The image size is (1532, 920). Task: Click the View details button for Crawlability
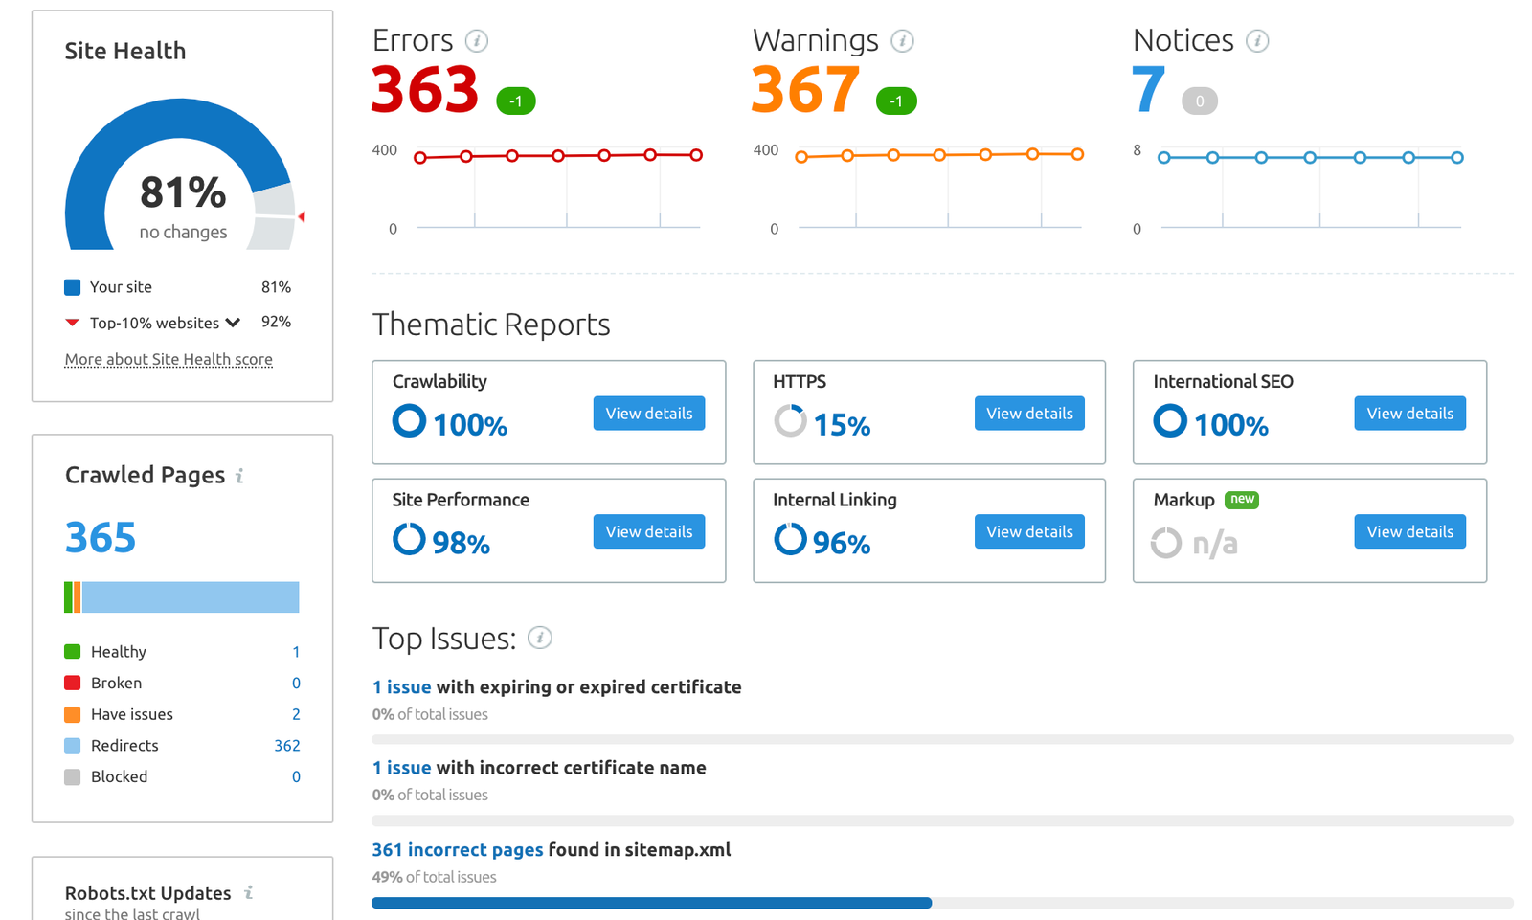tap(648, 414)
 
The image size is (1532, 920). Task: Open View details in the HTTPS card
tap(1029, 414)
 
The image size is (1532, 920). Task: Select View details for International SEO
tap(1409, 414)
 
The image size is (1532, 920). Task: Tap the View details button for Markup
tap(1409, 531)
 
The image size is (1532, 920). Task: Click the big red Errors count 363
tap(424, 90)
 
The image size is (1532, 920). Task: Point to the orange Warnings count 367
tap(804, 90)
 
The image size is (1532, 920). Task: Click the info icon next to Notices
tap(1257, 41)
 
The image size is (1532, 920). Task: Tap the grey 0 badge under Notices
tap(1199, 101)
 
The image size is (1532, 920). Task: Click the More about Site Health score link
tap(169, 360)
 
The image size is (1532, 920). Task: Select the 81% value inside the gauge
tap(183, 192)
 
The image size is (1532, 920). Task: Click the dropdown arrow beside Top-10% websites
tap(233, 323)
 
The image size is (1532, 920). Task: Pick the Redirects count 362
tap(287, 746)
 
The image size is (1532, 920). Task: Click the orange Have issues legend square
tap(72, 714)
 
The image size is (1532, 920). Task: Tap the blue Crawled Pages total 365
tap(101, 537)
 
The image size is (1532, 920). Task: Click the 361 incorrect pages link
tap(457, 850)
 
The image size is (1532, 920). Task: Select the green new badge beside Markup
tap(1242, 499)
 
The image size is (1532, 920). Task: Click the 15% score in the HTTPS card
tap(842, 425)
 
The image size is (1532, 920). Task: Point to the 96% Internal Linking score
tap(842, 544)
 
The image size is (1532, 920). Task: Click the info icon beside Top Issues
tap(540, 638)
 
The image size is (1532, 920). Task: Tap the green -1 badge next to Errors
tap(515, 101)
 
